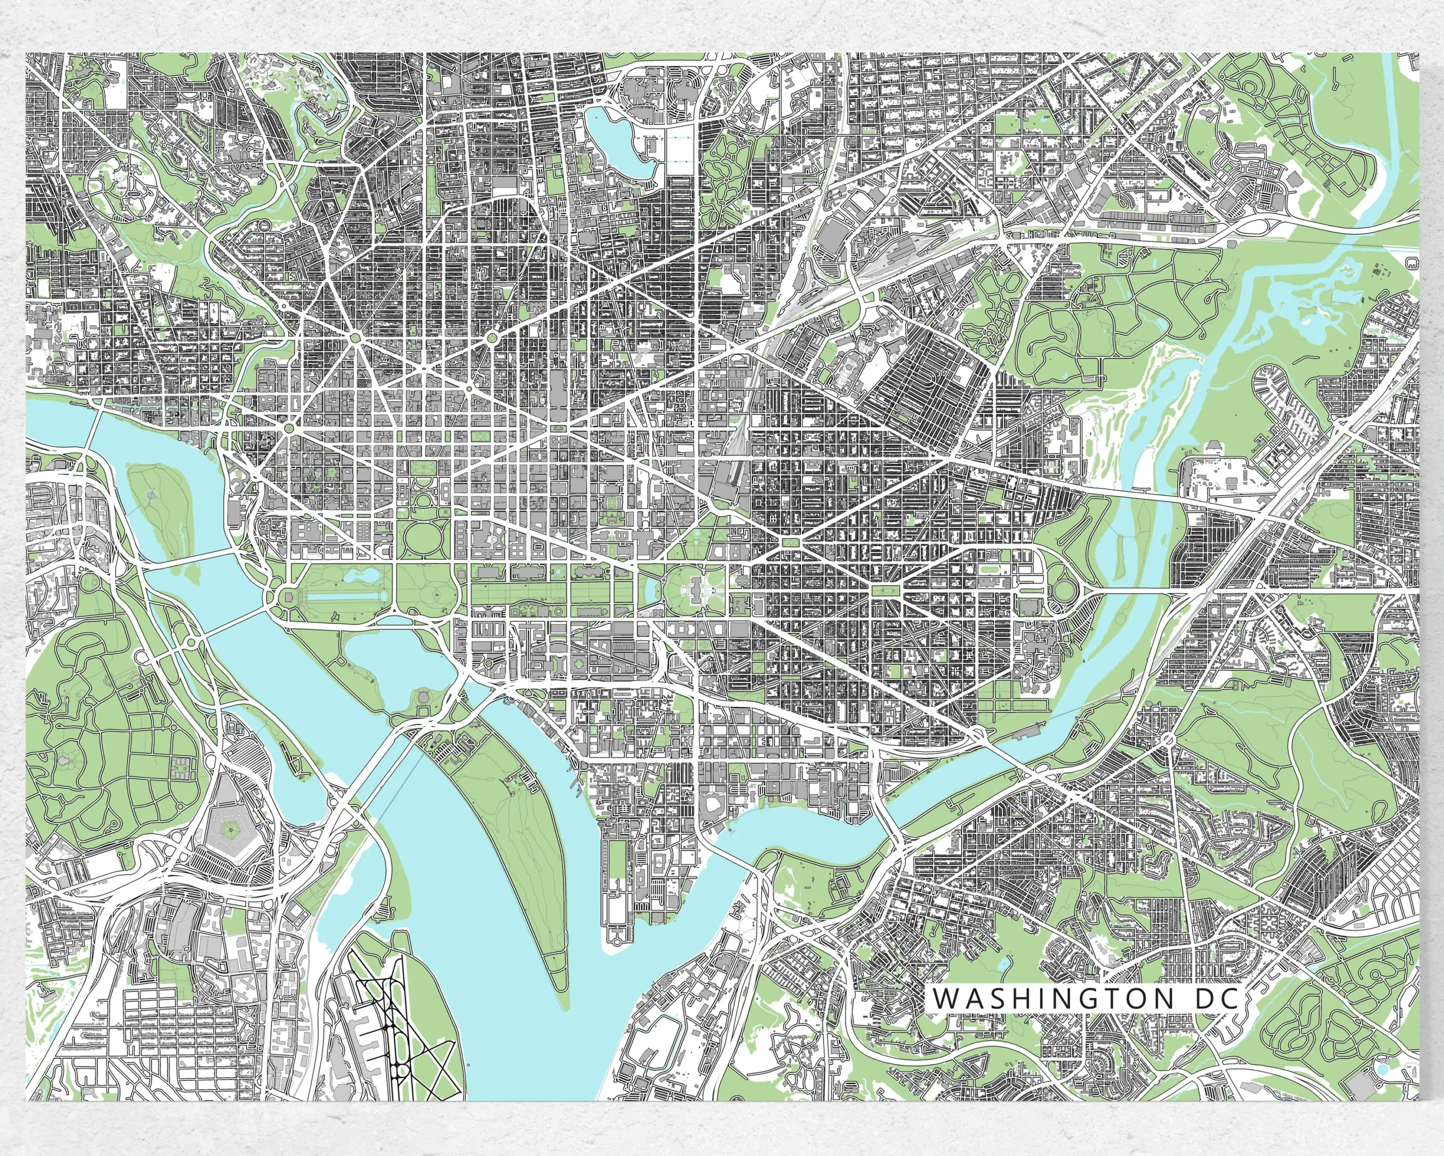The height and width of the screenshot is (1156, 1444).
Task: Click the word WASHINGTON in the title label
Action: click(x=1054, y=1017)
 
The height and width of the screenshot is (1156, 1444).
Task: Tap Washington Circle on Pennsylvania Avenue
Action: click(x=289, y=427)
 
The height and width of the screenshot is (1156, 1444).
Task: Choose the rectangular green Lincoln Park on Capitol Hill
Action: click(x=886, y=590)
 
